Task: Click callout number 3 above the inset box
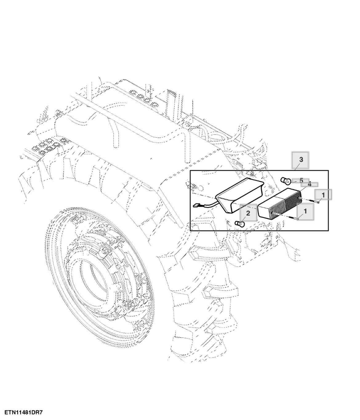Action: pos(301,160)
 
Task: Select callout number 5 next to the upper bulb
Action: pos(301,180)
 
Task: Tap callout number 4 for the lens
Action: pos(309,184)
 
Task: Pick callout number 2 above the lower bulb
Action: pos(248,213)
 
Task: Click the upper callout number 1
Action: pos(323,195)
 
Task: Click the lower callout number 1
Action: pos(305,211)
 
